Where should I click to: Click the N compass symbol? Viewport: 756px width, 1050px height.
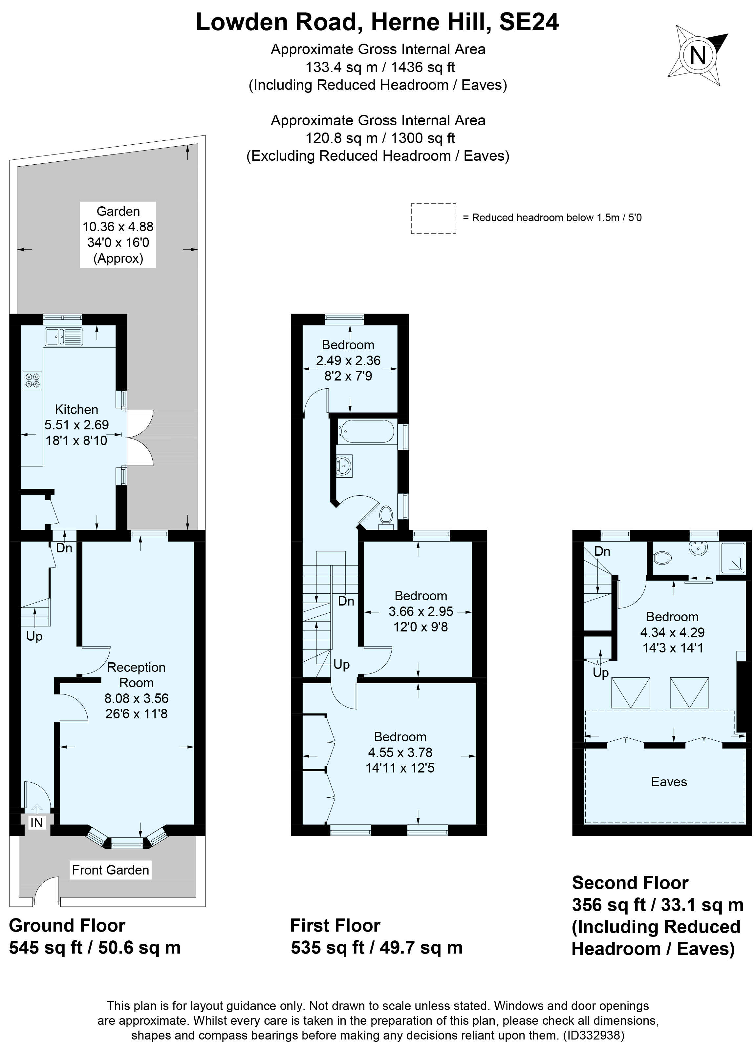[698, 56]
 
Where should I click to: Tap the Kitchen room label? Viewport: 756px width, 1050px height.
[76, 409]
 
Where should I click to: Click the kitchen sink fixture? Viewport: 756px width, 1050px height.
[63, 337]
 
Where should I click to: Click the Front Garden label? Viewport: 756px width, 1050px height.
[110, 870]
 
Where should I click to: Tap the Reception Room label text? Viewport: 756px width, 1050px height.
[136, 674]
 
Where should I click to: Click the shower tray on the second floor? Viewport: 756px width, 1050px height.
[732, 557]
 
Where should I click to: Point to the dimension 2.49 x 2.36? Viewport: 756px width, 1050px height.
[348, 360]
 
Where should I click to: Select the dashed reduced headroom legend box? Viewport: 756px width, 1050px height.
[433, 218]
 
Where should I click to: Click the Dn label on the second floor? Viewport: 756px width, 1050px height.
[602, 551]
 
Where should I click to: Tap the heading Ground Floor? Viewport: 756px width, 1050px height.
[67, 925]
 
